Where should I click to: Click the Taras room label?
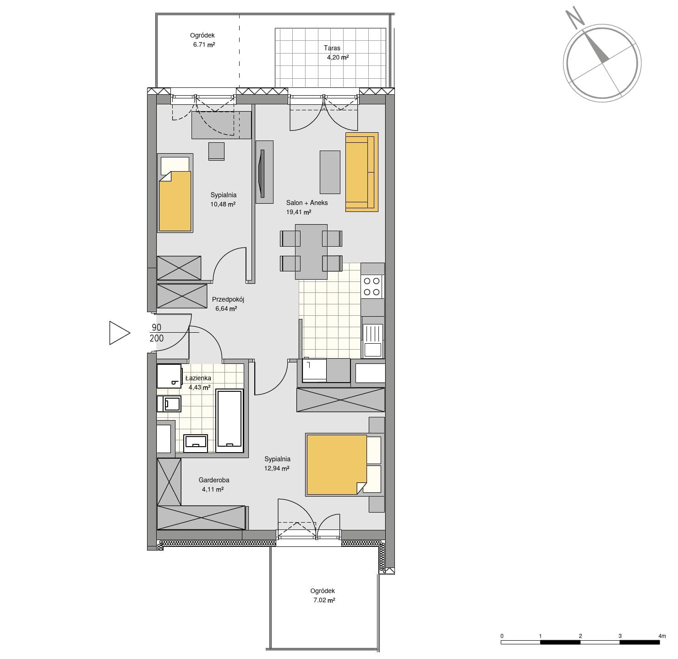(x=332, y=48)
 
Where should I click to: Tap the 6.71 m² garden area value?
(x=204, y=44)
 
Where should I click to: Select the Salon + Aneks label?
(x=307, y=203)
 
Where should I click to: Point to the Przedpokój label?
(x=228, y=299)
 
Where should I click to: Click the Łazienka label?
(x=198, y=378)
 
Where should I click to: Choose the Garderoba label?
(x=214, y=480)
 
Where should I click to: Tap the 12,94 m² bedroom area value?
(x=277, y=469)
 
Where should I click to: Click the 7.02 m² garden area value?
(x=324, y=600)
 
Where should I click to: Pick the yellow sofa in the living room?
(x=361, y=172)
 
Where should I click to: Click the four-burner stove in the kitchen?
(x=372, y=286)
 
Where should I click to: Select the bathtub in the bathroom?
(x=229, y=420)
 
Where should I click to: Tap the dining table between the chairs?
(x=311, y=252)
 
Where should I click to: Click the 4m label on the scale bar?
(x=662, y=636)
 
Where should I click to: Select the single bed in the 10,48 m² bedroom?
(x=175, y=193)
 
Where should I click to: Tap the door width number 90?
(x=156, y=327)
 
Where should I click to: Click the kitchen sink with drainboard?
(x=372, y=340)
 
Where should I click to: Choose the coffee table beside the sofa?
(x=330, y=172)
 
